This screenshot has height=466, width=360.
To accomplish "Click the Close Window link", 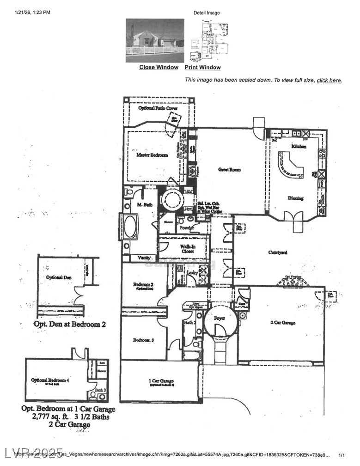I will [x=159, y=67].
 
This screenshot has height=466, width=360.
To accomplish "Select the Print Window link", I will [x=203, y=67].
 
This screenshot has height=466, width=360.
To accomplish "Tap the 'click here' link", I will [x=329, y=80].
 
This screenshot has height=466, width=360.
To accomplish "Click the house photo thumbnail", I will [x=155, y=40].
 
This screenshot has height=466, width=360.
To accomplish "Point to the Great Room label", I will [x=230, y=170].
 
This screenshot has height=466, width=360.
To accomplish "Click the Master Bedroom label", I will [x=152, y=155].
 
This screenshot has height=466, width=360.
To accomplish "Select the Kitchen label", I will [x=299, y=146].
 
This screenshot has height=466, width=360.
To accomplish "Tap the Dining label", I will [x=295, y=198].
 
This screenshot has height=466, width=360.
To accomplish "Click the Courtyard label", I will [x=278, y=252].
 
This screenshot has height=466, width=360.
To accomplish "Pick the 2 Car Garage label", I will [x=282, y=323].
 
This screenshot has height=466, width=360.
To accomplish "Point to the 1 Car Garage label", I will [x=161, y=381].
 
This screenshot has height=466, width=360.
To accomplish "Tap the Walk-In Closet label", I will [x=187, y=249].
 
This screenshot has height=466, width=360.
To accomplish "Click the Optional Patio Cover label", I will [x=158, y=108].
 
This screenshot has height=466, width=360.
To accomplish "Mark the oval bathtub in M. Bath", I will [x=130, y=227].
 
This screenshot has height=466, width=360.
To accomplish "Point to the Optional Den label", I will [x=58, y=277].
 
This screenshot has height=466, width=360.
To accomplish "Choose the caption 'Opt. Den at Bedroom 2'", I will [x=70, y=324].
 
